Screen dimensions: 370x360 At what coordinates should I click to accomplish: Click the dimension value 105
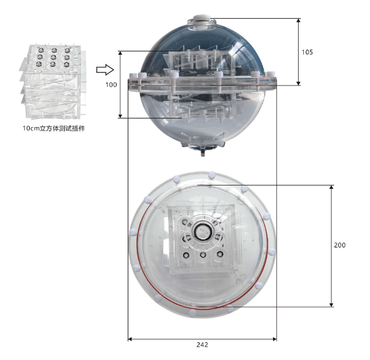(307, 52)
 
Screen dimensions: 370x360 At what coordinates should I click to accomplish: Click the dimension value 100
(111, 84)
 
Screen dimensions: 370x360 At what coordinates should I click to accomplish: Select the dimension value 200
(340, 245)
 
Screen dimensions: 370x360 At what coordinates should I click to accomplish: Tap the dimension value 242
(202, 345)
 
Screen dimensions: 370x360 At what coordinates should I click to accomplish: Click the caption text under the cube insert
(54, 128)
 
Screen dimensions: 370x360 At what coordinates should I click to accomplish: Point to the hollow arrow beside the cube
(105, 70)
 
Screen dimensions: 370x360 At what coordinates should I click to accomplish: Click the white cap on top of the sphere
(202, 19)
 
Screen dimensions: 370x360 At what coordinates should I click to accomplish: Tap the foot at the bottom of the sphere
(203, 152)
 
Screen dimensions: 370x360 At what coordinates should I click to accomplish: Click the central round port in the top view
(202, 230)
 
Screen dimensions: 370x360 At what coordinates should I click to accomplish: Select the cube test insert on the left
(53, 81)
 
